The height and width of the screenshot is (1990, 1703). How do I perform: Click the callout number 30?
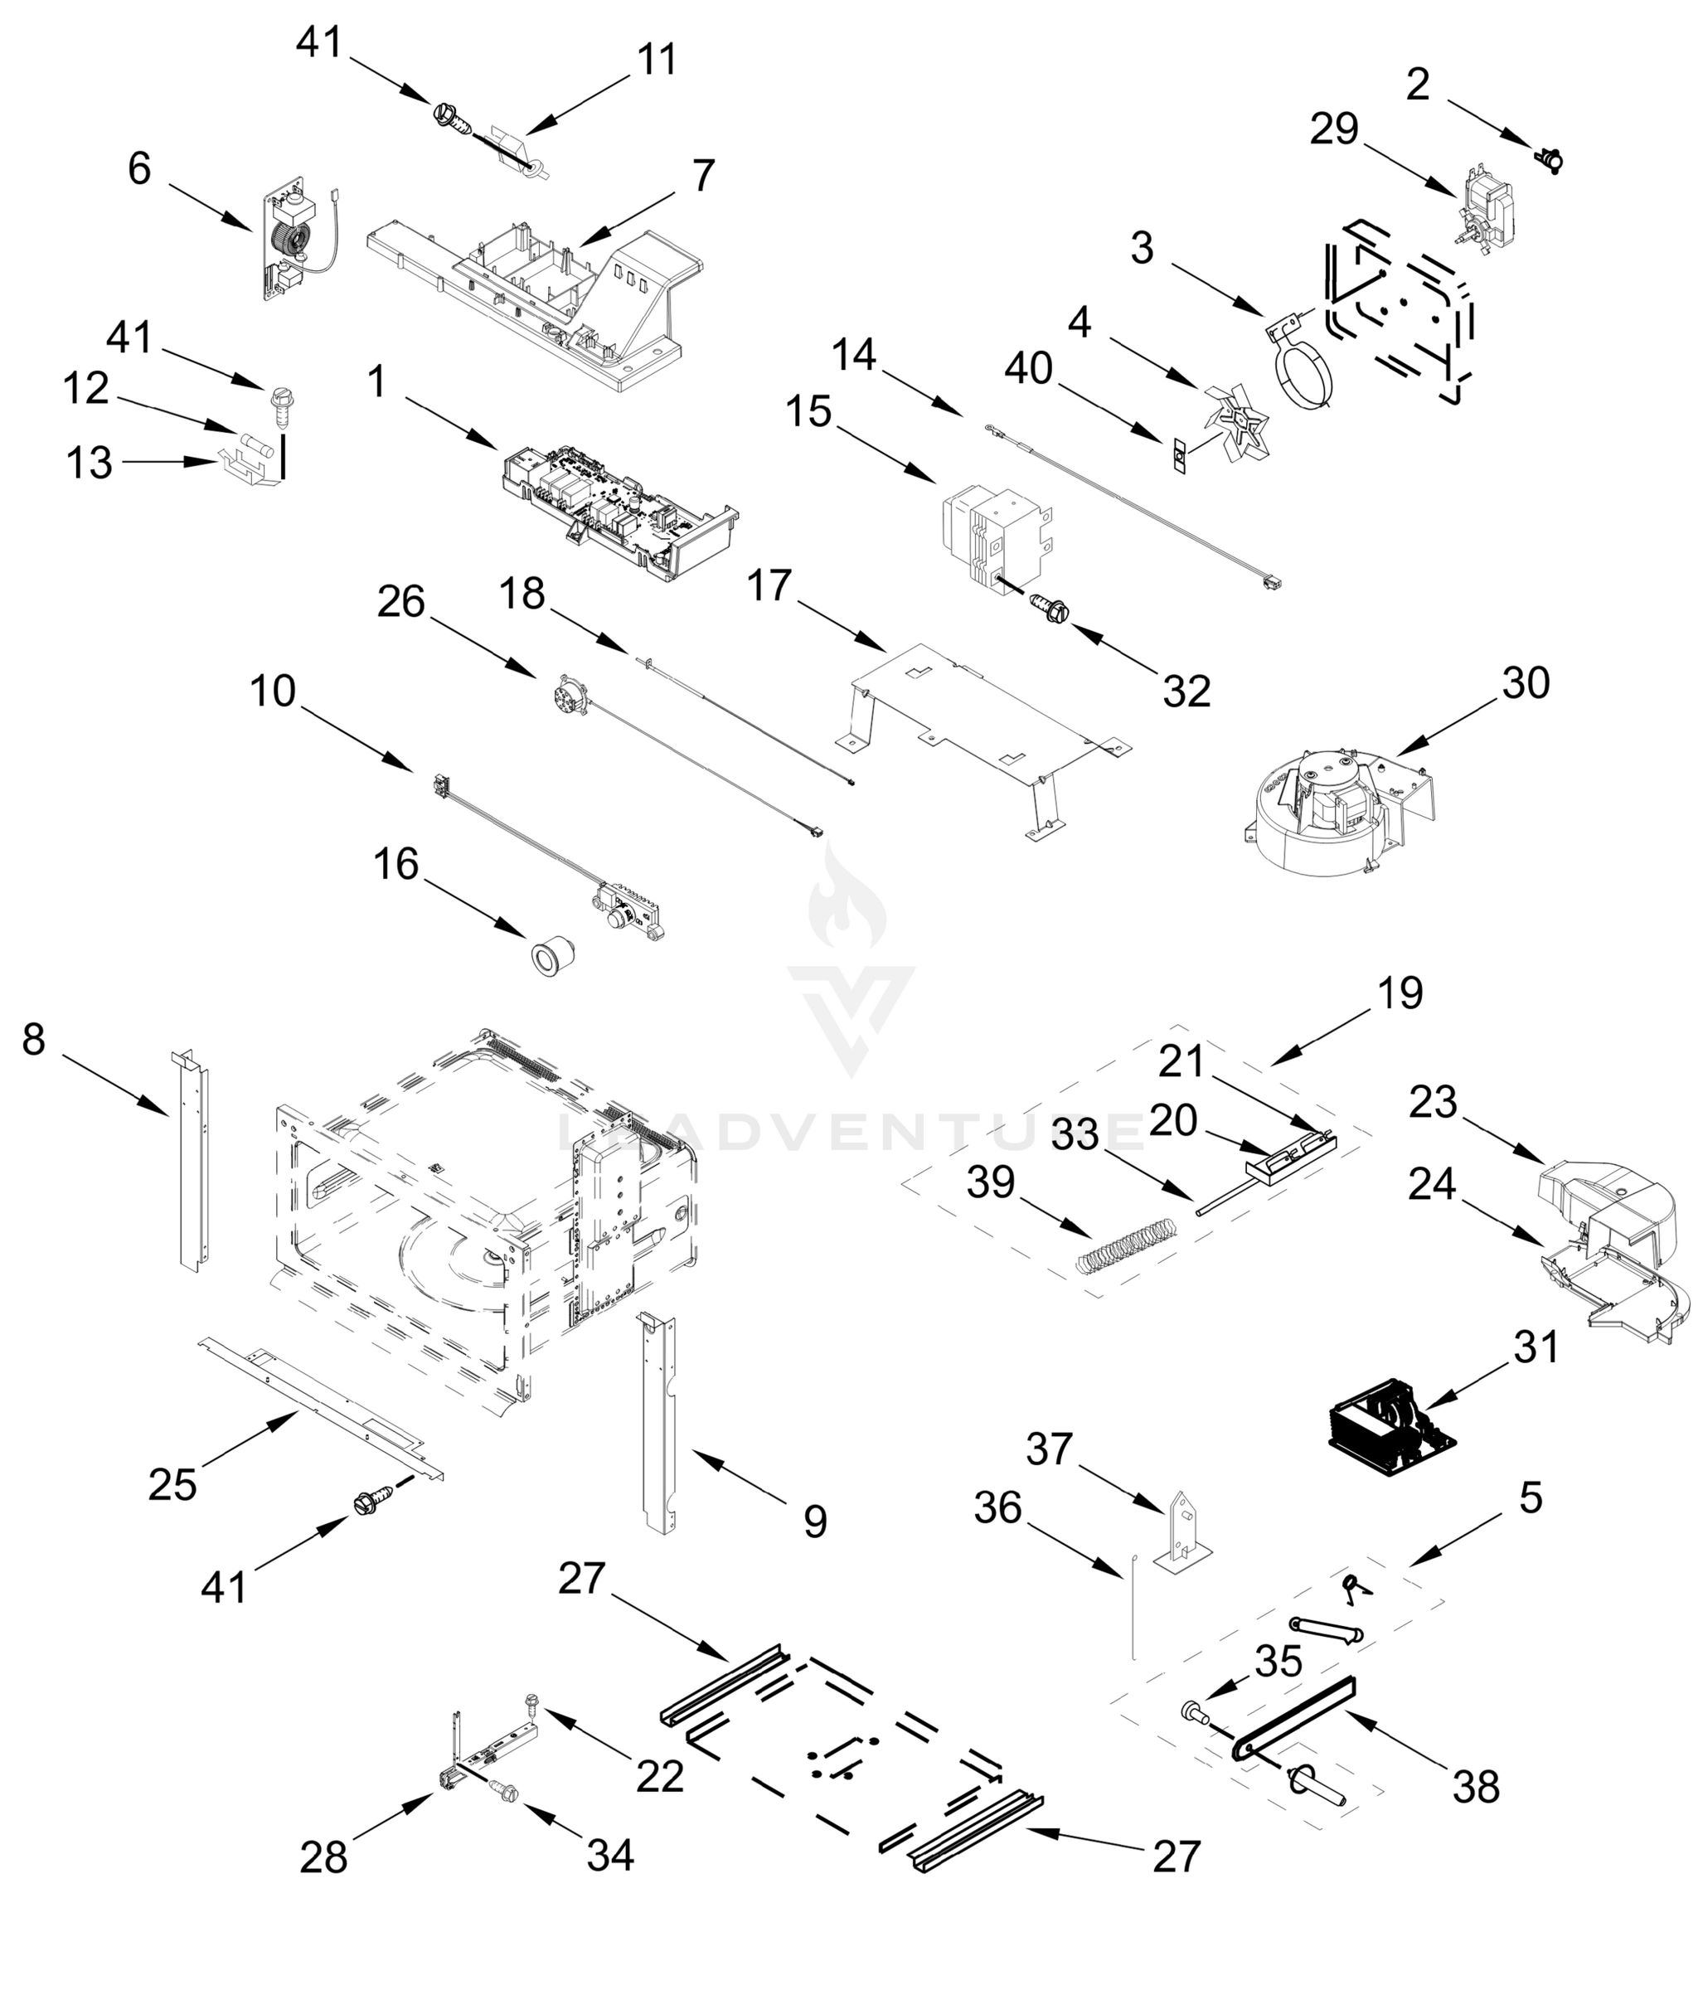(1526, 683)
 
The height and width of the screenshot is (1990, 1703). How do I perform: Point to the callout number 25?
(173, 1485)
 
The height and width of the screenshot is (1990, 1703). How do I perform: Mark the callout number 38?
(1475, 1788)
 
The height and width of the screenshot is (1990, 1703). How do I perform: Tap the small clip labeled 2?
(1550, 158)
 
